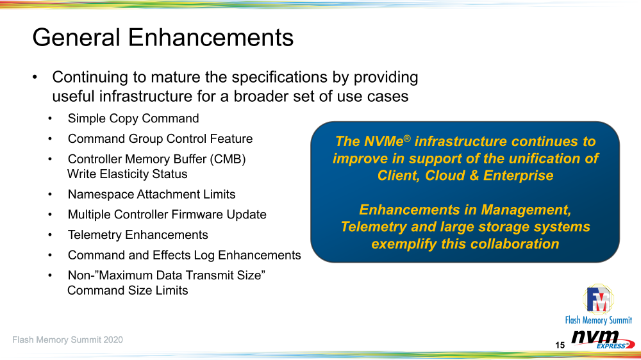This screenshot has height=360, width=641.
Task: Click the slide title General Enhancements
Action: click(x=163, y=38)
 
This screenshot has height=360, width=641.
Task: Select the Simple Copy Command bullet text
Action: click(x=133, y=119)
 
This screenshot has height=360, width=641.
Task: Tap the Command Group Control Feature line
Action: click(x=160, y=139)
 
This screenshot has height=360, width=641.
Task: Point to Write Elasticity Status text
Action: click(x=127, y=174)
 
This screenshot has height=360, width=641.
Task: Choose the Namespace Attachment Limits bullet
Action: click(x=152, y=195)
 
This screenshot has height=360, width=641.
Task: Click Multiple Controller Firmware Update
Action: click(x=167, y=215)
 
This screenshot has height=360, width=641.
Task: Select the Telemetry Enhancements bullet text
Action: click(x=138, y=235)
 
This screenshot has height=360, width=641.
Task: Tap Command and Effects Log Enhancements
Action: click(x=185, y=256)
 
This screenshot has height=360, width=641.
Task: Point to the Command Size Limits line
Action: click(x=128, y=291)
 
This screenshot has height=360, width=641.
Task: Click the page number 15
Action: click(x=560, y=345)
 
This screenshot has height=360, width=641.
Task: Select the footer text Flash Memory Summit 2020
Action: click(x=67, y=340)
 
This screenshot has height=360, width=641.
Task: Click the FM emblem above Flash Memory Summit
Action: click(x=598, y=300)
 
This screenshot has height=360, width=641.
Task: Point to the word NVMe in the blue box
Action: click(x=383, y=142)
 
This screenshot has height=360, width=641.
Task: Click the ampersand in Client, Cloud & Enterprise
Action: click(x=474, y=176)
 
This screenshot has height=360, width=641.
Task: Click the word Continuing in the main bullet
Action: click(x=90, y=78)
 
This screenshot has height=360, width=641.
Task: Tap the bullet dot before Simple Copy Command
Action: click(x=50, y=119)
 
